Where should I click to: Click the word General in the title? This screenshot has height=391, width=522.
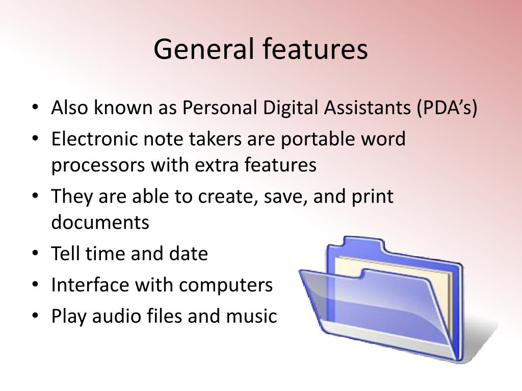204,49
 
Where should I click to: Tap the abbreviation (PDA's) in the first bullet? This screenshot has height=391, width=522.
447,108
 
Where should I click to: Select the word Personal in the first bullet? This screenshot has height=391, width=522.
220,108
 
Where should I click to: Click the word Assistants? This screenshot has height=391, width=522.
368,108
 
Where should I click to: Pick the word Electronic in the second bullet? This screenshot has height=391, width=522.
94,138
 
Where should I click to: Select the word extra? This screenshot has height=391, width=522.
216,165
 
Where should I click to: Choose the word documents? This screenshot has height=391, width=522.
100,222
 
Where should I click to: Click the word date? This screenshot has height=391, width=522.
189,254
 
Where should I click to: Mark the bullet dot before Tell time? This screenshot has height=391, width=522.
35,254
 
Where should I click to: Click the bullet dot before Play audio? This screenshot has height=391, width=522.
35,316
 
